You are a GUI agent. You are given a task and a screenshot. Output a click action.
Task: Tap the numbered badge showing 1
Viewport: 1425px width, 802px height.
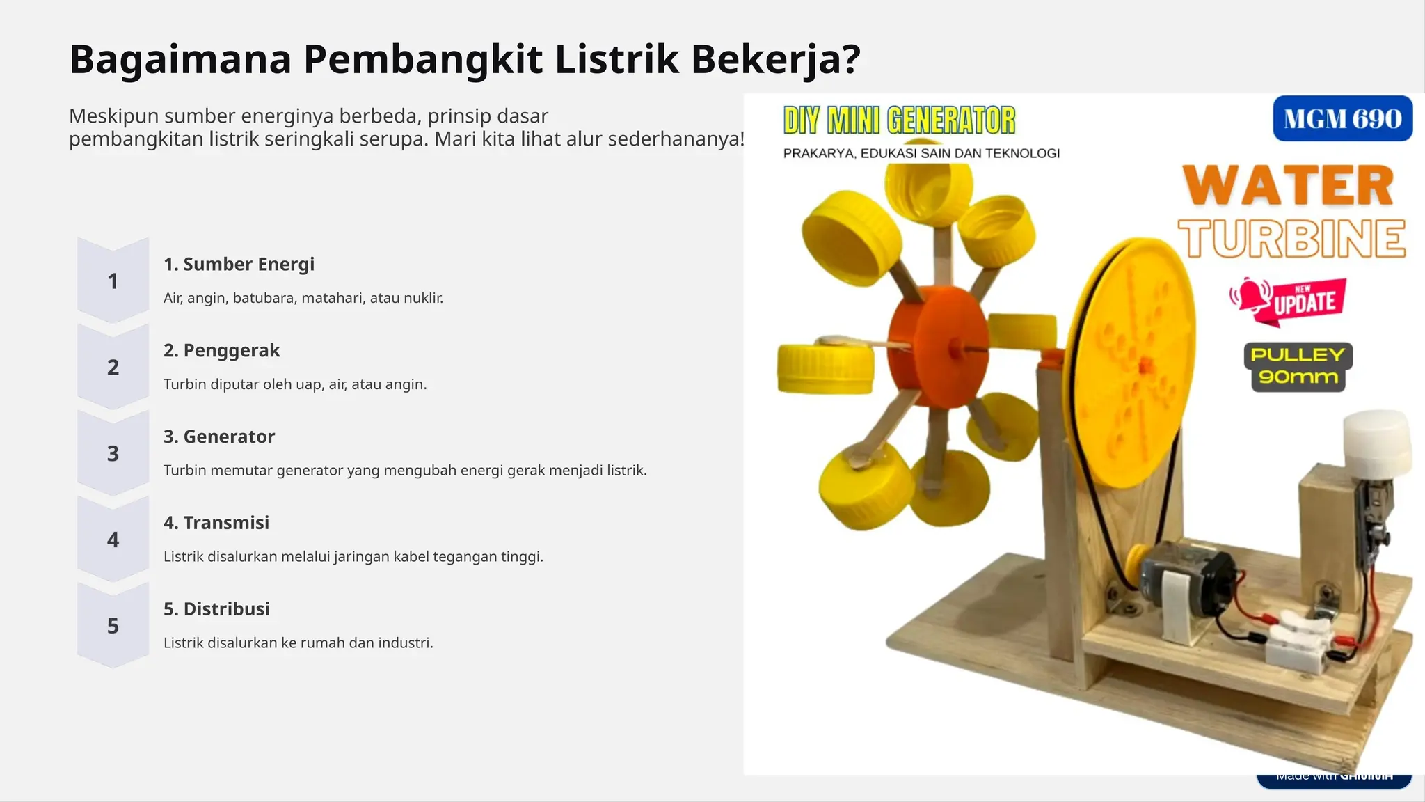tap(113, 281)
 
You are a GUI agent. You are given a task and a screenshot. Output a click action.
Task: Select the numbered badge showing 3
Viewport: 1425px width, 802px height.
tap(113, 454)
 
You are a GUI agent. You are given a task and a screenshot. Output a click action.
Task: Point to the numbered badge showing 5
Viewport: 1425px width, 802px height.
tap(113, 626)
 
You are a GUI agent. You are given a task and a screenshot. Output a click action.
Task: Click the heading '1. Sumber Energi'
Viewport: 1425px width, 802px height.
tap(239, 265)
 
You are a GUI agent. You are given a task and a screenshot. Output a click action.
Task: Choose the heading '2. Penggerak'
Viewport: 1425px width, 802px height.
tap(221, 351)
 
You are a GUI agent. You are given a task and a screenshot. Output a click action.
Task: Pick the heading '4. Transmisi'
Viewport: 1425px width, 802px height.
tap(216, 523)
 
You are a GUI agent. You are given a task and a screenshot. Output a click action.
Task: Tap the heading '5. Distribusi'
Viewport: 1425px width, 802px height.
tap(216, 609)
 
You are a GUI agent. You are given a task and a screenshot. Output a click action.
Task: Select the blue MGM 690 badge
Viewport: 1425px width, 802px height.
tap(1342, 119)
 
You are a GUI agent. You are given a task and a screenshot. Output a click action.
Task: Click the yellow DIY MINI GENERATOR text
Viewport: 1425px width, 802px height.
tap(899, 120)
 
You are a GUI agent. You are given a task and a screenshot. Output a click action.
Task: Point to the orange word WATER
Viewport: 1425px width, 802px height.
tap(1289, 186)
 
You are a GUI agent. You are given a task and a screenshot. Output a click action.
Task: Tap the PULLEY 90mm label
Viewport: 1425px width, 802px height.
tap(1298, 366)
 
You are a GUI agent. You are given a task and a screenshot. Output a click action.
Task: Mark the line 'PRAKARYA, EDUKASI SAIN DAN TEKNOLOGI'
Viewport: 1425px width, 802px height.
tap(921, 154)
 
